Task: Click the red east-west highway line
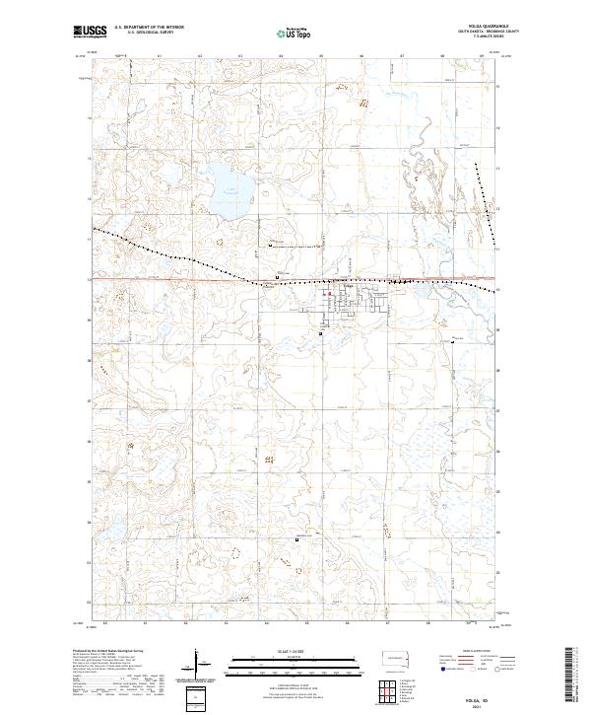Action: click(x=177, y=278)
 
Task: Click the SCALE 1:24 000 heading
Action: click(x=295, y=650)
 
